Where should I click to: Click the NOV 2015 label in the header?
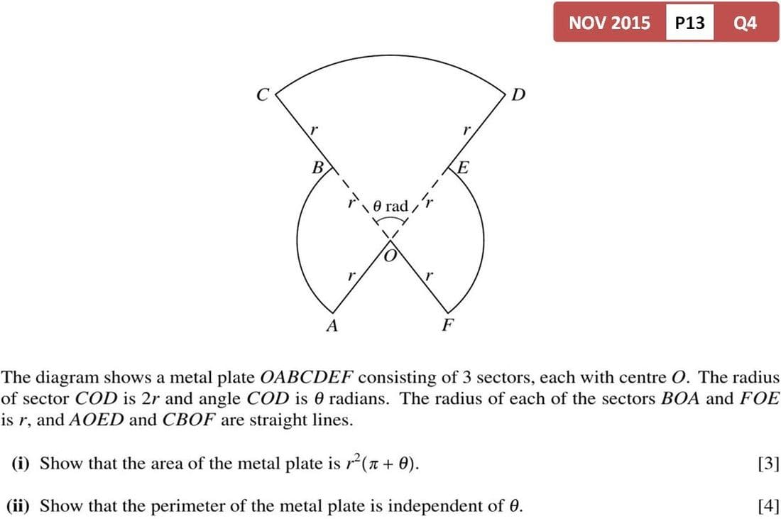(x=609, y=23)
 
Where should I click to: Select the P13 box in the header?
(x=689, y=23)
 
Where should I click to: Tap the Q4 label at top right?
(x=745, y=23)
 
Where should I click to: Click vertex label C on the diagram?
(x=263, y=94)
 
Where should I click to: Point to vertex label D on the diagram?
(x=518, y=94)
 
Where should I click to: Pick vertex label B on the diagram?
(x=319, y=168)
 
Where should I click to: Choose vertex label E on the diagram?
(x=463, y=168)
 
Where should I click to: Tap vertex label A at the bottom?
(x=331, y=327)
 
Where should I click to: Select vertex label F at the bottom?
(x=447, y=327)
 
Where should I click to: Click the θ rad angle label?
(x=390, y=206)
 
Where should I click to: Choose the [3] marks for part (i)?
(x=768, y=464)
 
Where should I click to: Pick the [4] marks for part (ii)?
(x=768, y=506)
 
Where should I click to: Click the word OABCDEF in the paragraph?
(x=307, y=377)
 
